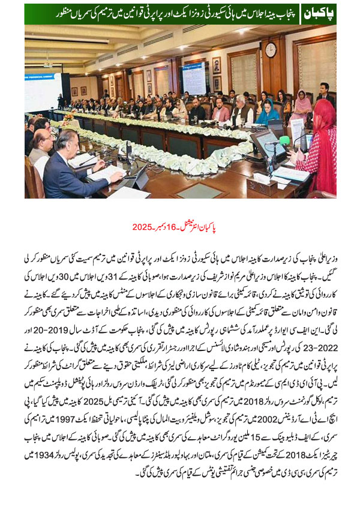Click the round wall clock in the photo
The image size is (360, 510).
pyautogui.click(x=271, y=50)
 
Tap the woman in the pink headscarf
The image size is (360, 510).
pyautogui.click(x=302, y=101)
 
